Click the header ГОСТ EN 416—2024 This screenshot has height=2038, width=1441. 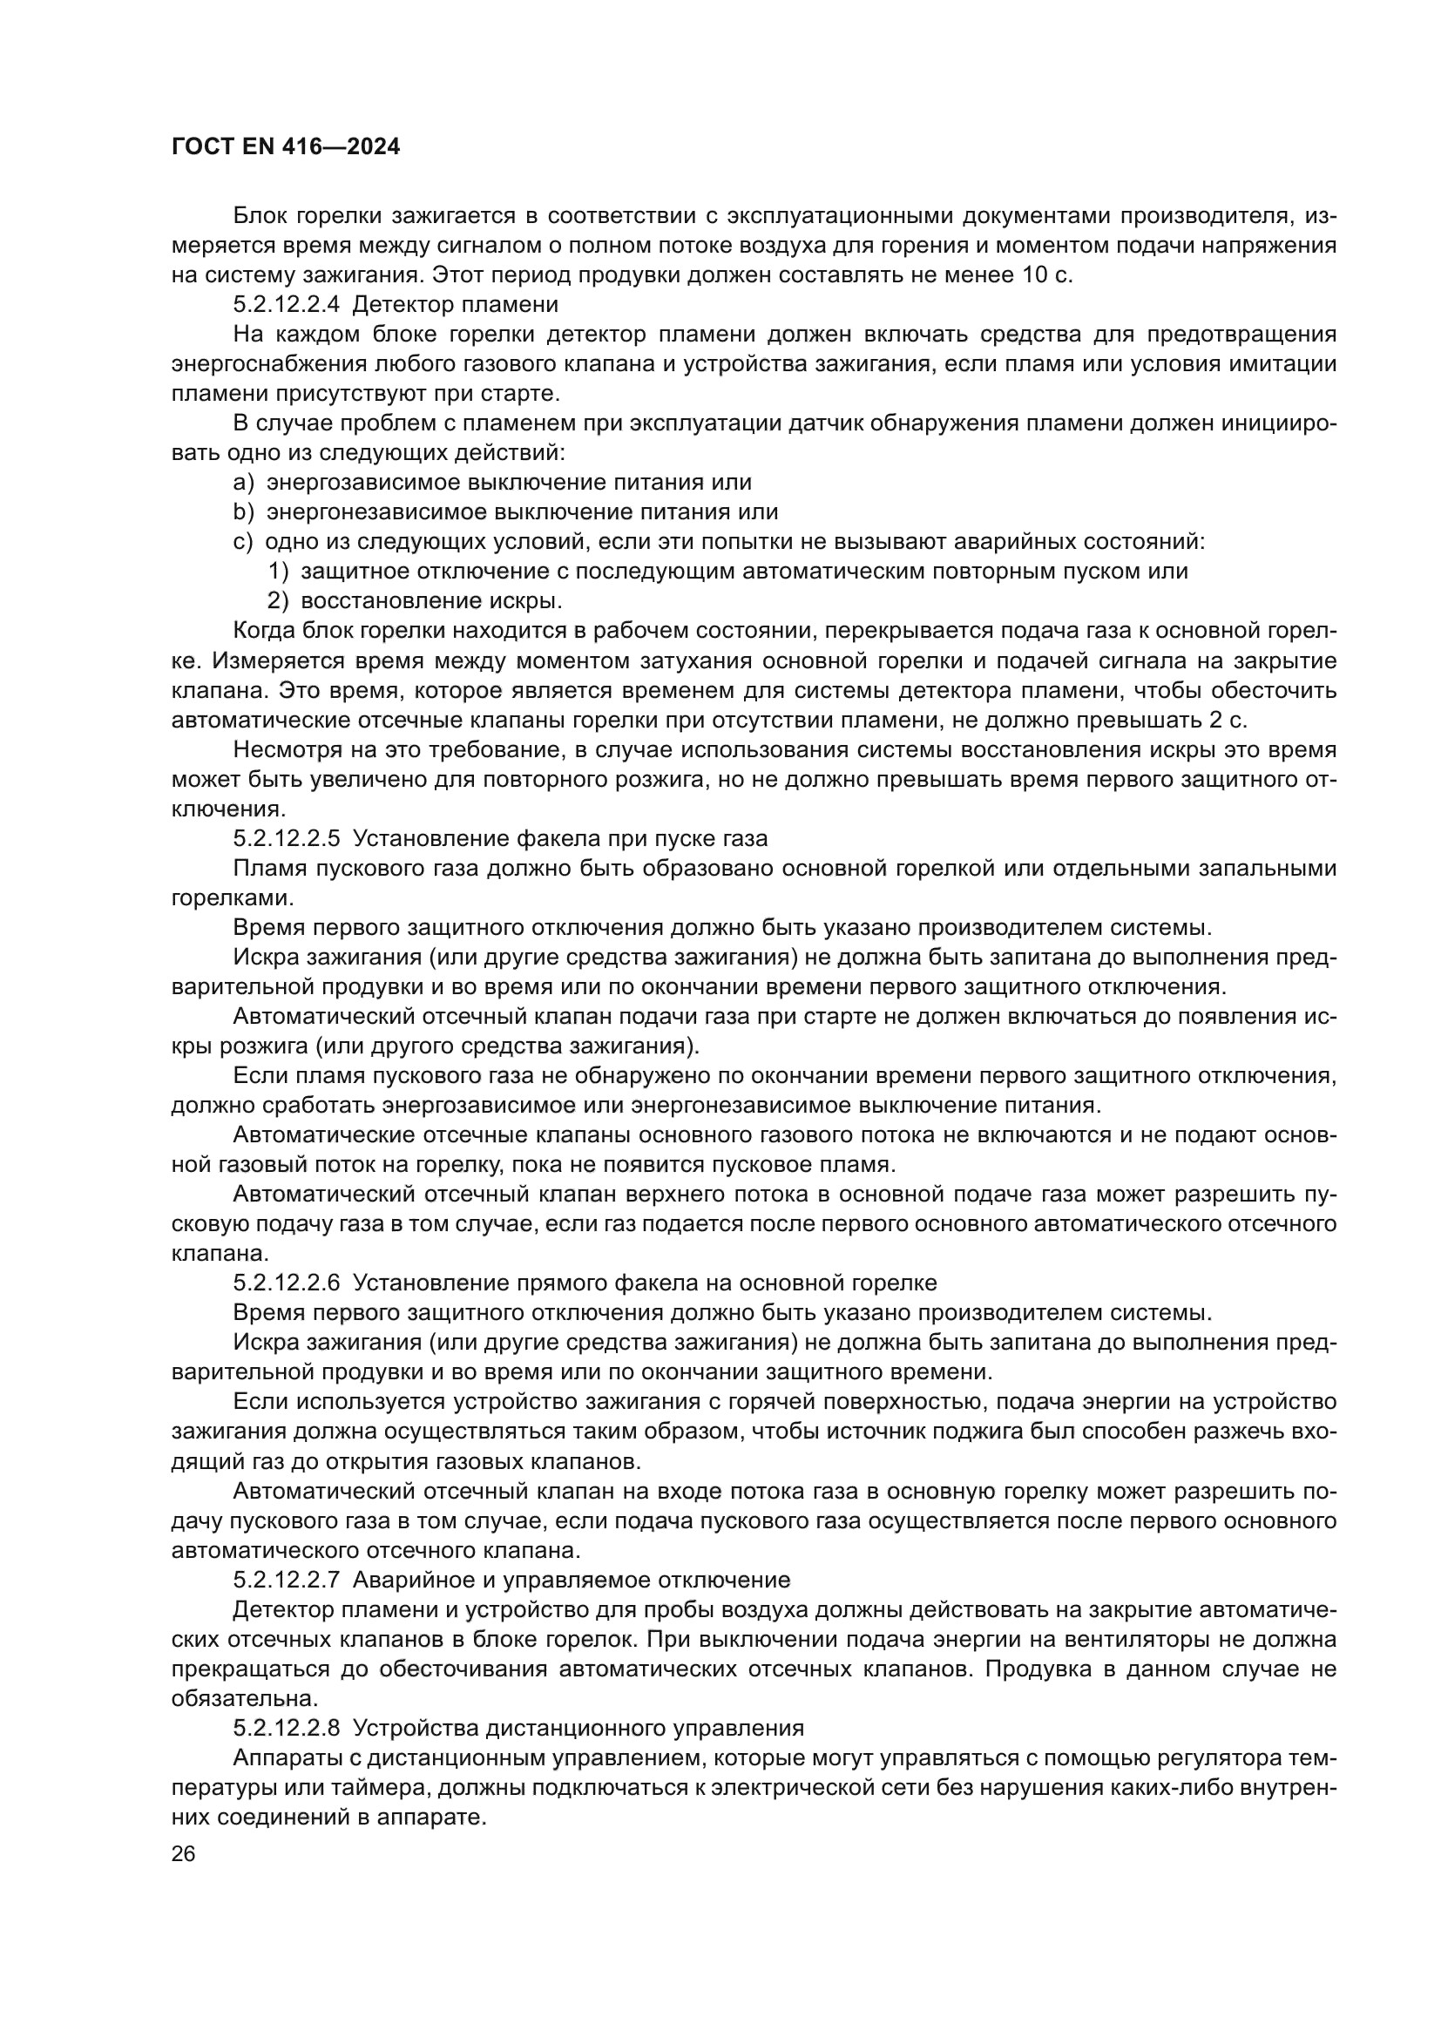point(285,147)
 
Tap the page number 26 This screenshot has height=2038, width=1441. point(184,1852)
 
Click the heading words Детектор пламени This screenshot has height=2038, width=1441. point(455,305)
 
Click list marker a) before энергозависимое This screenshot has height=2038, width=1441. point(244,483)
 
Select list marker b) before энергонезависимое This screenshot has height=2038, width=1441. point(244,512)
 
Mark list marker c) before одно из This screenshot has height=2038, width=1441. point(243,541)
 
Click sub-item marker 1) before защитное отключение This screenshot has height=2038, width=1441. point(279,572)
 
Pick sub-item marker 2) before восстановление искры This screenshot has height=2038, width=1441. point(279,601)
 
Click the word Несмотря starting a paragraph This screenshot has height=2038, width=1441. point(281,750)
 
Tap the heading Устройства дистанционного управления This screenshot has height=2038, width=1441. point(578,1727)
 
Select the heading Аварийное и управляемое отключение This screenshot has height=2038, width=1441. point(572,1579)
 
